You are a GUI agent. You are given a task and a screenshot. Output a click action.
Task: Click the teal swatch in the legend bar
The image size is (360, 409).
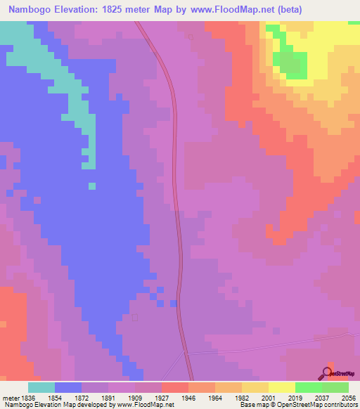pos(41,387)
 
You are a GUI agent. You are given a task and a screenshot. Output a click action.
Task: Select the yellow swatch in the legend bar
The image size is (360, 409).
pos(281,387)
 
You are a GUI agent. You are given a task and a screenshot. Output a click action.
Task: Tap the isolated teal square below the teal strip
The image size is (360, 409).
pos(91,186)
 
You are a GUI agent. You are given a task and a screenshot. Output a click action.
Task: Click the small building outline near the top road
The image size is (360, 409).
pos(191,37)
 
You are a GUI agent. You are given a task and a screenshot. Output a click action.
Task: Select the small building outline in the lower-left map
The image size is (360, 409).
pos(135,318)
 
